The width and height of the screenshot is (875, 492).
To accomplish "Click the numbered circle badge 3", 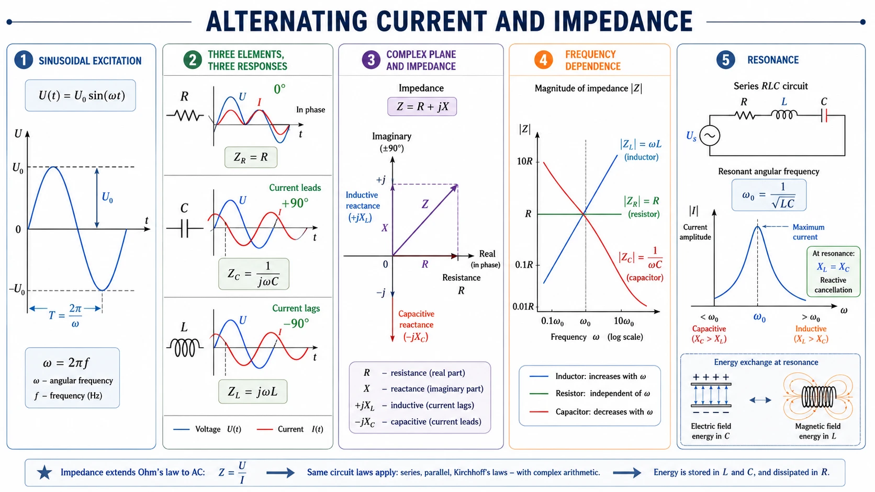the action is tap(371, 60).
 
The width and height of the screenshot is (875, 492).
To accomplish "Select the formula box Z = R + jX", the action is tap(422, 107).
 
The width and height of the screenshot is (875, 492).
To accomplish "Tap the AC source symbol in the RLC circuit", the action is tap(710, 136).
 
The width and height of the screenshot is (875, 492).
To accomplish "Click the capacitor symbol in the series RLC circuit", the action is tap(824, 116).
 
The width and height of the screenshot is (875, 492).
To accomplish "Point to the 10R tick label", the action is tap(524, 161).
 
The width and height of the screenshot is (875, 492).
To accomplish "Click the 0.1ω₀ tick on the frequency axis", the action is tap(552, 322).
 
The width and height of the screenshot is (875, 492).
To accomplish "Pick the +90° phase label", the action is tap(295, 203).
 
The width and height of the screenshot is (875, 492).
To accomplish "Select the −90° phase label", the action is tap(296, 324).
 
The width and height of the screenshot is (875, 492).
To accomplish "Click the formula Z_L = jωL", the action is tap(253, 392).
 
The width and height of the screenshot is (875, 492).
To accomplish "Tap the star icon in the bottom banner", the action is tap(44, 473).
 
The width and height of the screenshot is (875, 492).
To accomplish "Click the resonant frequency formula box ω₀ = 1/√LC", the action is tap(769, 195).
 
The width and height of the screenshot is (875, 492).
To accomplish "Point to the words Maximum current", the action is tap(808, 232).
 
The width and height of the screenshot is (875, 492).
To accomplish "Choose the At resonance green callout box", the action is tap(833, 271).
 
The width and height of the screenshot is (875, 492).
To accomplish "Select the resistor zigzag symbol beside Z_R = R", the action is tap(185, 116).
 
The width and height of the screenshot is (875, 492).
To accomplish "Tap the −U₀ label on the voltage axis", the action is tap(17, 290).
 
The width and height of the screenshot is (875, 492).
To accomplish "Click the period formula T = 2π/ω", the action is tap(65, 315).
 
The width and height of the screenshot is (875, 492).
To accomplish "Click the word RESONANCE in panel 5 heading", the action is tap(772, 60).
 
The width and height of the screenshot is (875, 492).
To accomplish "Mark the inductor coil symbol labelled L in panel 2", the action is tap(185, 347).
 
